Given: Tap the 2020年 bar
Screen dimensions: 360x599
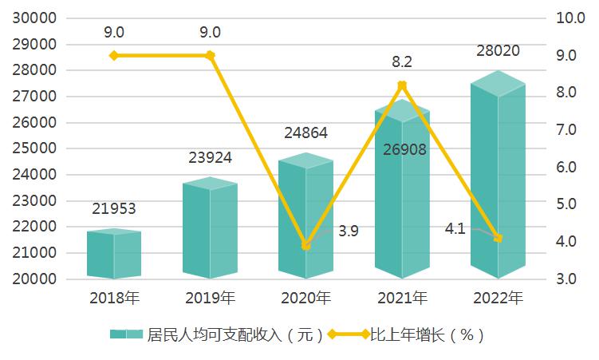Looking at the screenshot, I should (x=305, y=216).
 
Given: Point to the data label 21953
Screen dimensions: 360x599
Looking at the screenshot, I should (x=114, y=209).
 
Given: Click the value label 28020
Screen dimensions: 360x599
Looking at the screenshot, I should (x=498, y=51).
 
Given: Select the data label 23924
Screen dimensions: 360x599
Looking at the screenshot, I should (x=210, y=157).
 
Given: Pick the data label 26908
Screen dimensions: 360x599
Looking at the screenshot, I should (x=403, y=148).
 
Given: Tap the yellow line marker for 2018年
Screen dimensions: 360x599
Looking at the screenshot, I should (x=114, y=55).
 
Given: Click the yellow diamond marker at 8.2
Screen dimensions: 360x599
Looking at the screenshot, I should (x=402, y=85).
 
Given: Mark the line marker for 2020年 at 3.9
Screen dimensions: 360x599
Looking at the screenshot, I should (x=305, y=245).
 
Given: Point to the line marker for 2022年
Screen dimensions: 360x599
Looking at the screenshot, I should (x=498, y=238).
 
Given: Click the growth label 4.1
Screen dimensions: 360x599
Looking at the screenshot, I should (x=455, y=229).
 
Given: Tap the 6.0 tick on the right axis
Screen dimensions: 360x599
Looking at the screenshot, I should (x=566, y=167).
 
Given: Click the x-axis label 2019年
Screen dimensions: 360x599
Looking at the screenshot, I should (x=210, y=299).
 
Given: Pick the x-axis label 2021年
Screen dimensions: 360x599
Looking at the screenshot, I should (x=402, y=299).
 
